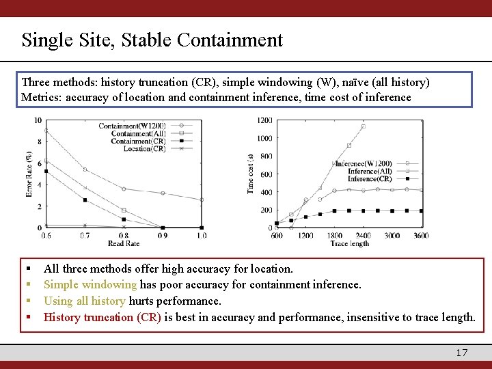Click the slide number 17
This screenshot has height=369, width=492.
pos(462,353)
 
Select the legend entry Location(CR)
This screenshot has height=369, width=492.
pos(145,148)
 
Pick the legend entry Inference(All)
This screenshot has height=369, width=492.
pos(370,171)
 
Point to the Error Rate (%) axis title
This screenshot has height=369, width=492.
pos(29,174)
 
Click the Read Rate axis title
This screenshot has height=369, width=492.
pos(123,243)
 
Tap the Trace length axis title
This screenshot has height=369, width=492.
pos(349,243)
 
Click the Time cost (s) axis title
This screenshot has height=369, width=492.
pos(251,174)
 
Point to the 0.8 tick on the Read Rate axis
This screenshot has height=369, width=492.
pos(123,236)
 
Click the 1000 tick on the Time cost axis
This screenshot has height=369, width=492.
pos(264,138)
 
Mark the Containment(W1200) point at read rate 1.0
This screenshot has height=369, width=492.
pos(202,200)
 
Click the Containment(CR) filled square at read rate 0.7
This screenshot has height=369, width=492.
pos(85,200)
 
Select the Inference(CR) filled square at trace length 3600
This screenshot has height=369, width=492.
pos(421,211)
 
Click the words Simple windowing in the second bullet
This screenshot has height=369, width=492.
pos(90,284)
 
